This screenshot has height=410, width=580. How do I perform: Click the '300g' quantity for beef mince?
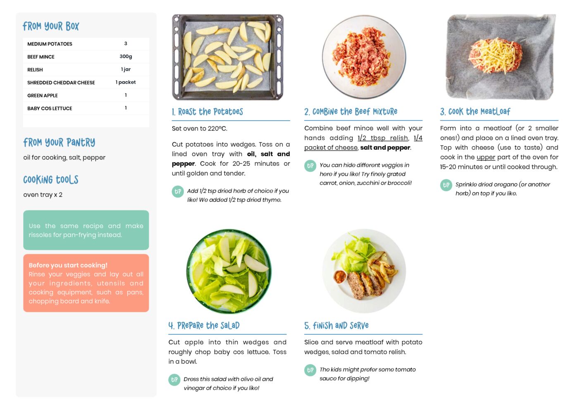126,57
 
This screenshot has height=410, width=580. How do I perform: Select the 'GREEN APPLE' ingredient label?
43,95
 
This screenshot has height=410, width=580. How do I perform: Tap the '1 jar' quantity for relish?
126,69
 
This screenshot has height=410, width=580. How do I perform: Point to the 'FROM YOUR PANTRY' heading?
59,142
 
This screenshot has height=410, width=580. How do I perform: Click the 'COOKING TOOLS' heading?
51,179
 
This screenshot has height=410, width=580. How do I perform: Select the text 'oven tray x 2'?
43,195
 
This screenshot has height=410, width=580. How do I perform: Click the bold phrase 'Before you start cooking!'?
68,265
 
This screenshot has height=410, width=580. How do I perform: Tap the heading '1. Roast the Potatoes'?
208,112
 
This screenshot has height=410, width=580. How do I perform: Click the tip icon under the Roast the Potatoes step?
178,191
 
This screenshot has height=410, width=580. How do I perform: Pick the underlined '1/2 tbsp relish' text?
383,138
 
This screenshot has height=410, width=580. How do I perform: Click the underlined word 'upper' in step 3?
486,157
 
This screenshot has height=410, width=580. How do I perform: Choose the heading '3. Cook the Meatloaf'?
475,112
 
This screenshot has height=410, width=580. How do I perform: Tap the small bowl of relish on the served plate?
340,277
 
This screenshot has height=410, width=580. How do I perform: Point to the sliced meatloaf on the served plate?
363,285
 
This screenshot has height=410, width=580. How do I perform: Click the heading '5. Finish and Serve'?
337,326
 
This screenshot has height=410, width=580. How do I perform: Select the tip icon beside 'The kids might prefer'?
310,370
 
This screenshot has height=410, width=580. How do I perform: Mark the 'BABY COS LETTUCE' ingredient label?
50,108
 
